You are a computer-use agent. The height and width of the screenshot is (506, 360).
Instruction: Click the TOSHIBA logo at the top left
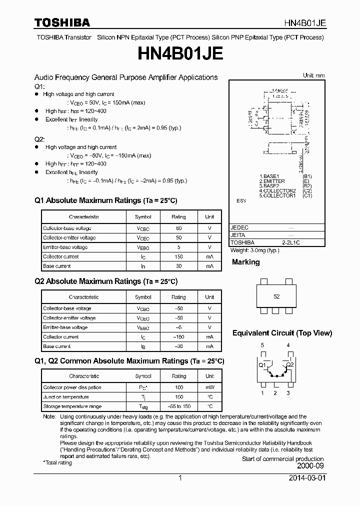click(x=62, y=22)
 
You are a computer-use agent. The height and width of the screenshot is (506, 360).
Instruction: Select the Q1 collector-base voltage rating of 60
click(x=178, y=228)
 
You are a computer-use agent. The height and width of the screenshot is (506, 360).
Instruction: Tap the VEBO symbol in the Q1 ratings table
click(x=142, y=247)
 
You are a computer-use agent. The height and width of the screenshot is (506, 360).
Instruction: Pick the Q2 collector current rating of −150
click(x=178, y=337)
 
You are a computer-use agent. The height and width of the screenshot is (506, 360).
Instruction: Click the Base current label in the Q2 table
click(x=57, y=346)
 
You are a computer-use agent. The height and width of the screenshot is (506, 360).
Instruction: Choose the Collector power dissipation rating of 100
click(x=178, y=387)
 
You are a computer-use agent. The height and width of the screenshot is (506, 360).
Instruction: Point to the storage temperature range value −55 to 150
click(x=178, y=406)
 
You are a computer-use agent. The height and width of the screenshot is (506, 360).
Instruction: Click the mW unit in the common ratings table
click(x=209, y=387)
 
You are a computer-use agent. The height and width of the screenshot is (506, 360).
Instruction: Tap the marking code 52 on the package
click(x=276, y=296)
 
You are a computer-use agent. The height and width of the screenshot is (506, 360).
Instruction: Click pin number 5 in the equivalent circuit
click(x=262, y=345)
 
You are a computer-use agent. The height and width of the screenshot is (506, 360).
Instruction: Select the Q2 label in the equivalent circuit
click(x=290, y=365)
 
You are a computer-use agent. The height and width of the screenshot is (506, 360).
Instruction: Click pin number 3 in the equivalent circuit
click(x=288, y=393)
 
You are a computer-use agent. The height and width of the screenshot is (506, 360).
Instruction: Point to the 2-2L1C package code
click(x=294, y=242)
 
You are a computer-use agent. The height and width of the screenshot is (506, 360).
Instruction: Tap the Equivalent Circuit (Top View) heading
click(x=282, y=333)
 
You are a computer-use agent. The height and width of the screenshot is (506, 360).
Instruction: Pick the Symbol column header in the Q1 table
click(x=142, y=217)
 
